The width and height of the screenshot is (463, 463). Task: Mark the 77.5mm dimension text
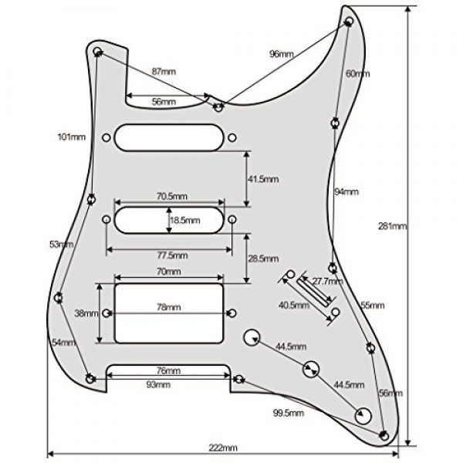169,255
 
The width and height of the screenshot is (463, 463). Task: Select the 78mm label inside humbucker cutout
169,307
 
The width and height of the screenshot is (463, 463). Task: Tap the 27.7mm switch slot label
317,282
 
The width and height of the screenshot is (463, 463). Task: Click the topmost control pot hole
252,337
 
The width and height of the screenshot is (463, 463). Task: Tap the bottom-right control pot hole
363,415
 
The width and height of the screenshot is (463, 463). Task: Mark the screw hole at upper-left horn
97,52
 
